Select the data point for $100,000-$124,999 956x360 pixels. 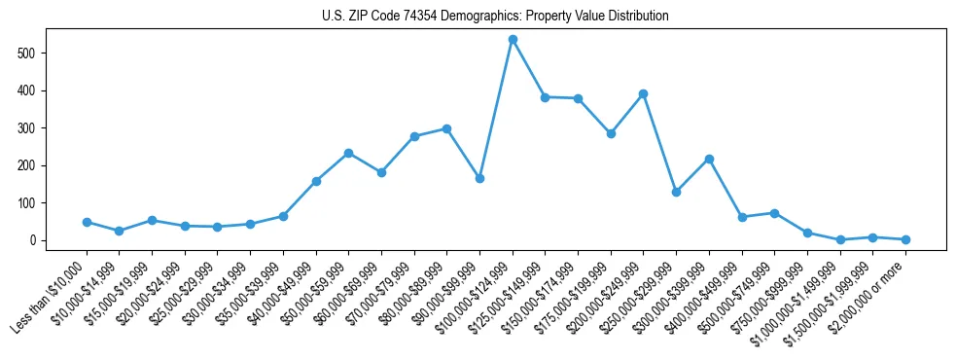coord(513,40)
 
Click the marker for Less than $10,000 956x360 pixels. coord(87,222)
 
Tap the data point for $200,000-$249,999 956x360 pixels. coord(643,94)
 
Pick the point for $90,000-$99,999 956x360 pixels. coord(479,179)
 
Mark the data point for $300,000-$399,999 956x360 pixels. coord(709,159)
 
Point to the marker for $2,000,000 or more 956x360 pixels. coord(905,239)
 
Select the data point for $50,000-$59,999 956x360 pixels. coord(348,153)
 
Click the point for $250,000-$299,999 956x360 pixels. coord(676,192)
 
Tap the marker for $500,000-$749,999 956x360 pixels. coord(774,213)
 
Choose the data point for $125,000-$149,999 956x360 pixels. coord(545,97)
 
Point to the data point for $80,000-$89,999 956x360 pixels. coord(446,128)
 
